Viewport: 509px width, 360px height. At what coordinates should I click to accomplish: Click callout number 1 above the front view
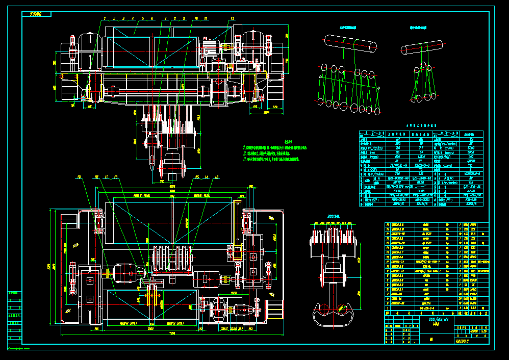(x=104, y=18)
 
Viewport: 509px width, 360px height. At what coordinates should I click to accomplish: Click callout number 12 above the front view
(x=234, y=18)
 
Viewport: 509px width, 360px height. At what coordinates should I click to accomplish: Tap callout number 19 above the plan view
(x=80, y=177)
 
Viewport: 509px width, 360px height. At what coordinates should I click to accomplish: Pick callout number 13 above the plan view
(x=217, y=177)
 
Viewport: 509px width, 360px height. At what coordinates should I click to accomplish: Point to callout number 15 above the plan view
(x=197, y=177)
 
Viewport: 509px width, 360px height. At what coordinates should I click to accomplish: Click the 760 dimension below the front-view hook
(x=163, y=181)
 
